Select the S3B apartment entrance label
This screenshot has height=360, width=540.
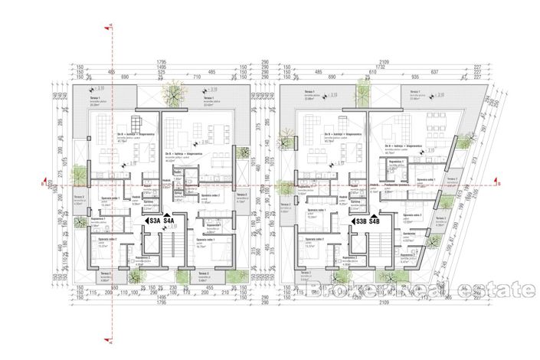click(x=360, y=222)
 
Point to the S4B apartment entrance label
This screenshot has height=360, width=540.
click(x=375, y=222)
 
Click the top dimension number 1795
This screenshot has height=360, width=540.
click(x=162, y=61)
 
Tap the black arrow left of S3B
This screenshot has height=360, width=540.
click(x=350, y=222)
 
